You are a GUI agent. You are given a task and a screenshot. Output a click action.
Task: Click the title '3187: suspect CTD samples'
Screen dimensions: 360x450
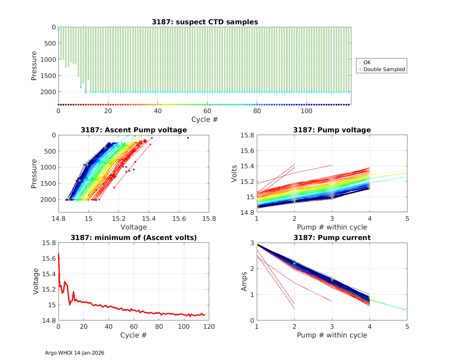(205, 22)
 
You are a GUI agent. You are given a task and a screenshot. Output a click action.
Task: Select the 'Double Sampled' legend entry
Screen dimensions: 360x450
(384, 69)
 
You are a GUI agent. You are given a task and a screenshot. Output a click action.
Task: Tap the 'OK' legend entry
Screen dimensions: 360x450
(367, 62)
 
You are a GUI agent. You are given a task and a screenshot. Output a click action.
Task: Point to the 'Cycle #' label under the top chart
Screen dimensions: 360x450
(205, 119)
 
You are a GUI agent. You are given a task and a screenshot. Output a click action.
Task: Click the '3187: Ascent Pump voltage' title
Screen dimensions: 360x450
(134, 130)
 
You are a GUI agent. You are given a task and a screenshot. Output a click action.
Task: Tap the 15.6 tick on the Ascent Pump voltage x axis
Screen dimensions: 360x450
(179, 219)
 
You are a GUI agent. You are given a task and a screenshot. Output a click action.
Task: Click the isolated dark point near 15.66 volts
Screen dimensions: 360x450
(188, 138)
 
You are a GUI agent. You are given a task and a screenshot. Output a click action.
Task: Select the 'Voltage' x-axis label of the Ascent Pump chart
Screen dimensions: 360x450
(134, 227)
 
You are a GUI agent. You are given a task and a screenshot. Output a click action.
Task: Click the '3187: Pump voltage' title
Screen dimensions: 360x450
(332, 130)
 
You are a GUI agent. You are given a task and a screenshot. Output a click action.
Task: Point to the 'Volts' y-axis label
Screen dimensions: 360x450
(234, 174)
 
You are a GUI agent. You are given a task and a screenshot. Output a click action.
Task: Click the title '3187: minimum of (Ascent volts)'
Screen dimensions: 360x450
(134, 238)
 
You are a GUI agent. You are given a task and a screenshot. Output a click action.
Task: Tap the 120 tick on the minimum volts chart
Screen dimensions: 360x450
(209, 326)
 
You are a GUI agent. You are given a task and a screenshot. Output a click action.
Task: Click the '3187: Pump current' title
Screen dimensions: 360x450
(332, 238)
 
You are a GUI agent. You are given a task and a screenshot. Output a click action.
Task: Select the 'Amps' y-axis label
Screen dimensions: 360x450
(244, 281)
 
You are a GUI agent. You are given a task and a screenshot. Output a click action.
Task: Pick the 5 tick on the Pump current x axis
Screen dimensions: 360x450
(407, 326)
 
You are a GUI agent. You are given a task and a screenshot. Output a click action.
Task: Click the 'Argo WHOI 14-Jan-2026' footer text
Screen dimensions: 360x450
(74, 353)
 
